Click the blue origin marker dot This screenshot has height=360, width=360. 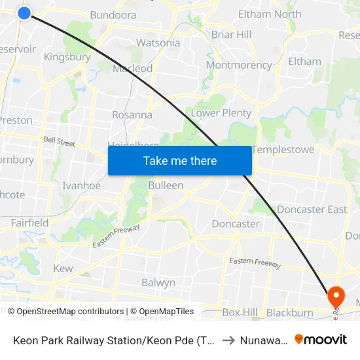[24, 12]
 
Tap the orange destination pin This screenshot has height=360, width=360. [336, 297]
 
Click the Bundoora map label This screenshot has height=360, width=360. [113, 15]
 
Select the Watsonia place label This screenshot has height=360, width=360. [158, 43]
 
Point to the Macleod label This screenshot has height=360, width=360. [133, 69]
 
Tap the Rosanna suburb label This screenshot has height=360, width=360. [132, 115]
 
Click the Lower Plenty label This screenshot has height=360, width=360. [221, 113]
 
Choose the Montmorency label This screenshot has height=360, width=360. [238, 65]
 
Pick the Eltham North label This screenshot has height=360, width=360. [270, 14]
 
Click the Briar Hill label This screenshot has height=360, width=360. [231, 35]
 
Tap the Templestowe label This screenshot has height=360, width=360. [283, 150]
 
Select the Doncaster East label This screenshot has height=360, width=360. [312, 209]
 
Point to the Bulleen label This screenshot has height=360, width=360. [166, 185]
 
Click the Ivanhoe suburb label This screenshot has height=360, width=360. [81, 186]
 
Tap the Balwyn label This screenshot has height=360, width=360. [158, 283]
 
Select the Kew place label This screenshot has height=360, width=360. [63, 269]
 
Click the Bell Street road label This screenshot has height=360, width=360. [59, 141]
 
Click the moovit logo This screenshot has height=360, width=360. [321, 340]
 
